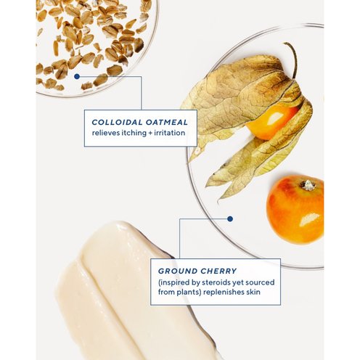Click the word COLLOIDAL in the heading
(x=117, y=122)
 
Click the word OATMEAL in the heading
(x=167, y=122)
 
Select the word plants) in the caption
(x=189, y=292)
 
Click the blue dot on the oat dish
(x=77, y=76)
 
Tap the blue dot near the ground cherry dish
(x=230, y=219)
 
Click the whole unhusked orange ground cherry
(x=295, y=210)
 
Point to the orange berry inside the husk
(x=271, y=122)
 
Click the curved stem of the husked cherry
(x=292, y=58)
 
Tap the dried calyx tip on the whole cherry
(x=308, y=185)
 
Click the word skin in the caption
(x=253, y=292)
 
